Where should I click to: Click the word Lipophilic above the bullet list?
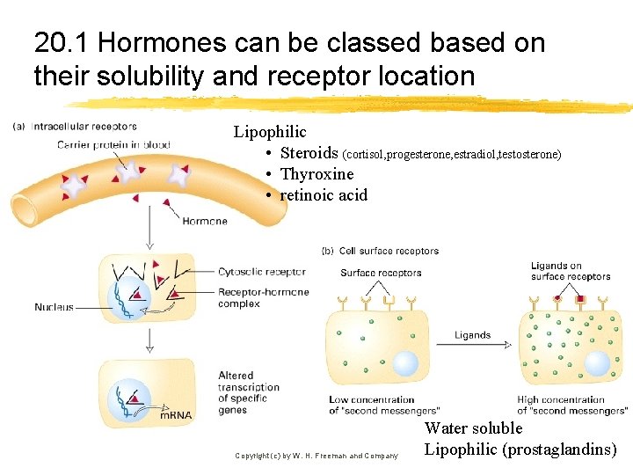pyautogui.click(x=270, y=132)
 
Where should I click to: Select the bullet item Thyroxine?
pyautogui.click(x=316, y=174)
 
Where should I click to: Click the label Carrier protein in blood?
pyautogui.click(x=113, y=144)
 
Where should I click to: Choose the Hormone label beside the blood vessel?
pyautogui.click(x=205, y=221)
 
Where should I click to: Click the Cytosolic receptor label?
pyautogui.click(x=261, y=272)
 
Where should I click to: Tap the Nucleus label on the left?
pyautogui.click(x=54, y=308)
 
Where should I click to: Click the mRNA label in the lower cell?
pyautogui.click(x=175, y=415)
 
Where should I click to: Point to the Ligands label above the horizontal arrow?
pyautogui.click(x=473, y=334)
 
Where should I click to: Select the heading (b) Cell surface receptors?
pyautogui.click(x=382, y=251)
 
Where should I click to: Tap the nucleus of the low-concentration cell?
pyautogui.click(x=405, y=364)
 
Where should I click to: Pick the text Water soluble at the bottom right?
pyautogui.click(x=473, y=428)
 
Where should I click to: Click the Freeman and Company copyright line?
pyautogui.click(x=316, y=456)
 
